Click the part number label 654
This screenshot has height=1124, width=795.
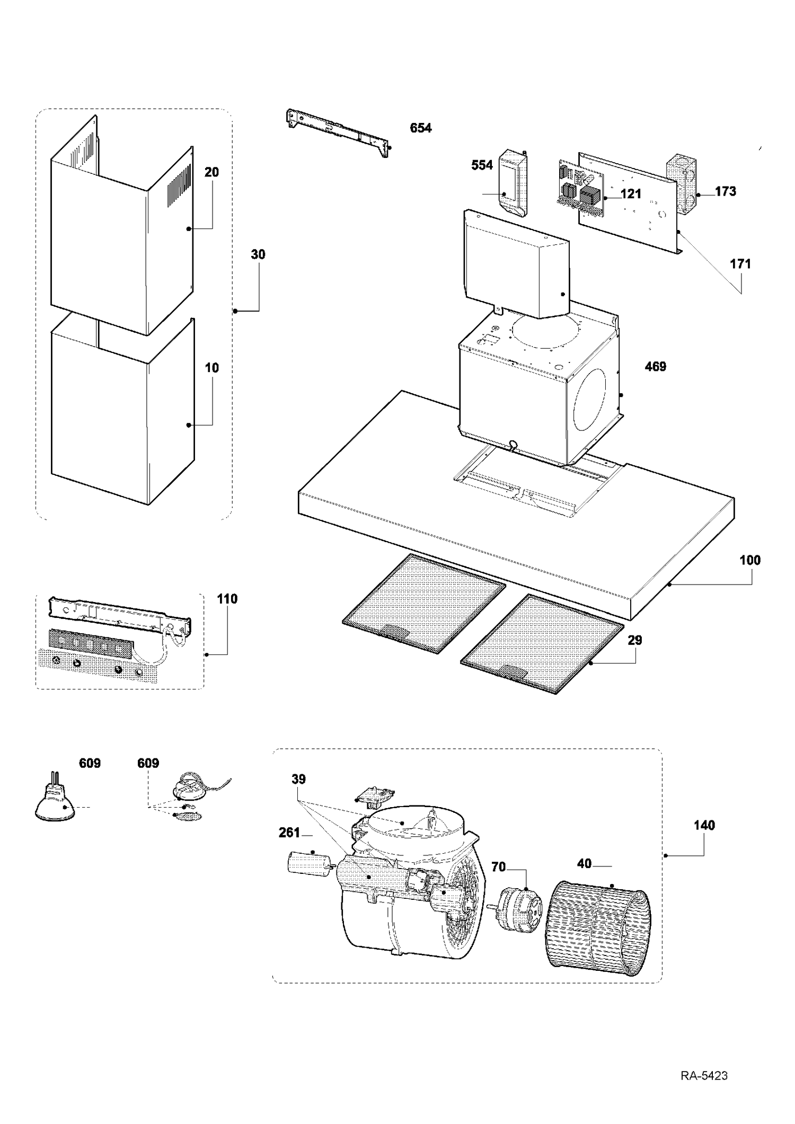[421, 128]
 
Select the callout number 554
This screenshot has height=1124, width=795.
[482, 165]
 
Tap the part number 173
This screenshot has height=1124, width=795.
[726, 191]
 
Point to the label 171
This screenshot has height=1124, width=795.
[740, 263]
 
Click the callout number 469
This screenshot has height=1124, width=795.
[656, 366]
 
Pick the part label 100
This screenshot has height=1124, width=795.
[750, 560]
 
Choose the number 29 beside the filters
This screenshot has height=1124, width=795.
[635, 640]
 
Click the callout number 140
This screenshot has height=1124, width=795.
[704, 825]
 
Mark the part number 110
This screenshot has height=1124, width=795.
[227, 599]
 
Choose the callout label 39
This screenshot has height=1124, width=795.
[298, 779]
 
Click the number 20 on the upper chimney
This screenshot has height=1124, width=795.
[211, 172]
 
